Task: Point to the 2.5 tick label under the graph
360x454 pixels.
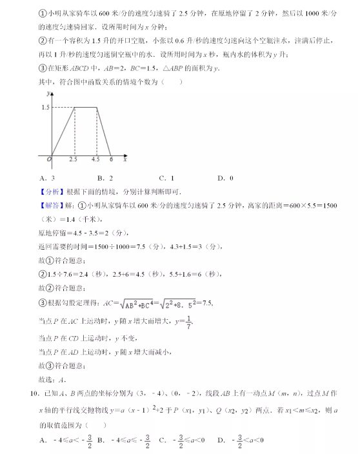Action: [73, 159]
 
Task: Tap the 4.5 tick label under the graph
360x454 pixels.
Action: [96, 159]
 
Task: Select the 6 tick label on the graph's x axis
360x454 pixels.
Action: [111, 159]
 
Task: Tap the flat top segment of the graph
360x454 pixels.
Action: [85, 107]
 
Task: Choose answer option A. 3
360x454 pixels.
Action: [46, 178]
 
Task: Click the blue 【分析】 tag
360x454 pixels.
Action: [51, 192]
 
